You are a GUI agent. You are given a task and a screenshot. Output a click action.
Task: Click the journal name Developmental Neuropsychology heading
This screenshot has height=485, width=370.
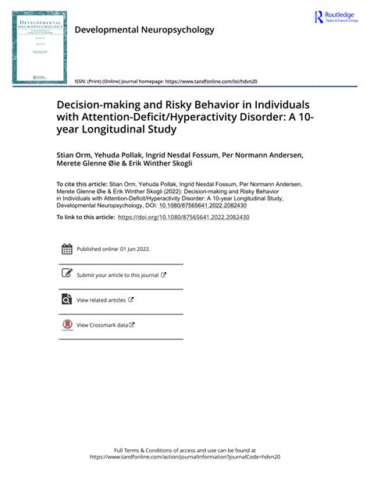144,30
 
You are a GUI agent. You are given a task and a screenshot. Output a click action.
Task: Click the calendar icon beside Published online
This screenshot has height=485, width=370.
66,249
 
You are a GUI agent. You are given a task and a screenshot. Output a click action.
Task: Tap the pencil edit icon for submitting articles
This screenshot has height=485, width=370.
66,274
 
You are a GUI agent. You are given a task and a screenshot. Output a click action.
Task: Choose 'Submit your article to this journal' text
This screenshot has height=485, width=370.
117,274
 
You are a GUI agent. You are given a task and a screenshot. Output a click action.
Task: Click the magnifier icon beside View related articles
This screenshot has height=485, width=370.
66,299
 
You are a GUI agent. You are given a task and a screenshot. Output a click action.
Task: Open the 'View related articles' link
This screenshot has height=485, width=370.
101,299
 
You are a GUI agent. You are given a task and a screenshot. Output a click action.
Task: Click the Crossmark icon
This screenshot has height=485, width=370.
66,325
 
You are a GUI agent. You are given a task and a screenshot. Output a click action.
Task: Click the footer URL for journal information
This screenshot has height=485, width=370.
184,458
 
